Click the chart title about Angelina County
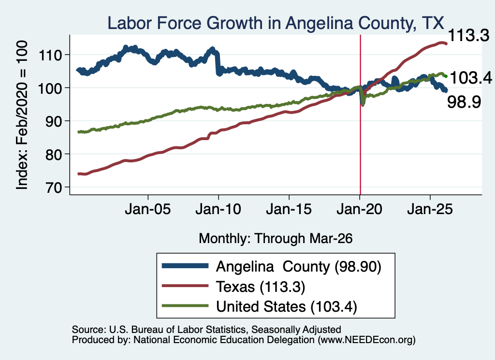pos(276,23)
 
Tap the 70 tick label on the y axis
pos(54,187)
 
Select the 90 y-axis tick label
pos(54,121)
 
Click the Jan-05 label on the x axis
pos(148,209)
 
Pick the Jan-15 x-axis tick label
pos(289,209)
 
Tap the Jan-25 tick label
pos(430,209)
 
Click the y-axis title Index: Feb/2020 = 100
pos(22,115)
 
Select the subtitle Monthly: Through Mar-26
pos(276,239)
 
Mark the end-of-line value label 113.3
pos(468,35)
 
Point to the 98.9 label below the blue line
pos(464,102)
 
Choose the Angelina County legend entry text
pos(299,267)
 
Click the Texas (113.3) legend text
pos(261,287)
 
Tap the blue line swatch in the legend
pos(185,266)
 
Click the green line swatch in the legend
pos(185,305)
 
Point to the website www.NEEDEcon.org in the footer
pos(366,340)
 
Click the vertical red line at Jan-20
pos(361,115)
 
